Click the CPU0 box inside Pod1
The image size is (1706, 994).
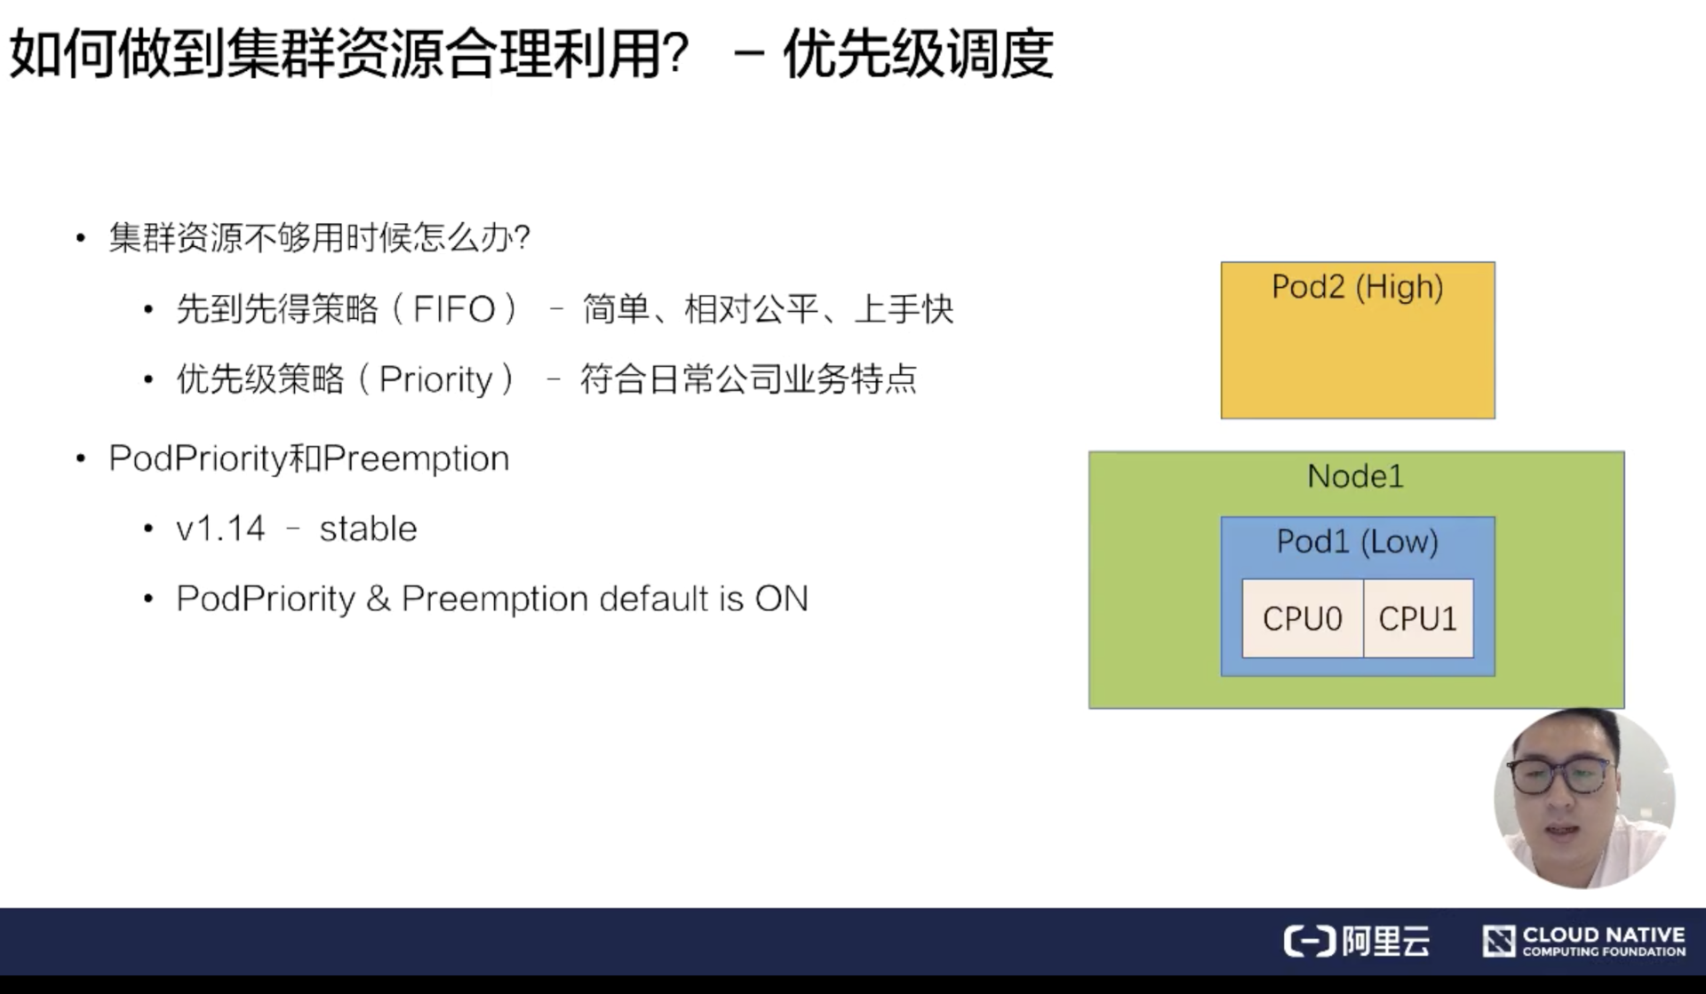coord(1303,618)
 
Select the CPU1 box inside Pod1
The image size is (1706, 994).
coord(1418,618)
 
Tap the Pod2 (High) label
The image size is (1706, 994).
coord(1358,288)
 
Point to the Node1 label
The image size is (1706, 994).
coord(1356,477)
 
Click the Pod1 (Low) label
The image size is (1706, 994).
coord(1358,542)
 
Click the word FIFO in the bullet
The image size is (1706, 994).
coord(454,310)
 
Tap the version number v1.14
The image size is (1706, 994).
coord(220,529)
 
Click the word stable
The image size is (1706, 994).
coord(368,529)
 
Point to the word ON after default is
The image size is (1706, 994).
coord(782,600)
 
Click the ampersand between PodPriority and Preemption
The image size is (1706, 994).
coord(378,600)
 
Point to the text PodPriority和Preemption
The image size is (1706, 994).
coord(309,459)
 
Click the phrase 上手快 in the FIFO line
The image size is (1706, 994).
coord(904,310)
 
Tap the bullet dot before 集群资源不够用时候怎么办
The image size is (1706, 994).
coord(81,238)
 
